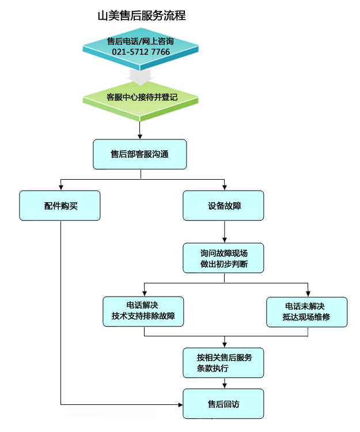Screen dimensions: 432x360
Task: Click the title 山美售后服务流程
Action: coord(142,16)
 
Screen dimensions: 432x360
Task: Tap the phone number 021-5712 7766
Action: coord(141,52)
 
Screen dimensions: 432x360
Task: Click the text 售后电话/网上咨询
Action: coord(141,41)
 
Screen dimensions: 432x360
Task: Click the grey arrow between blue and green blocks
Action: coord(141,74)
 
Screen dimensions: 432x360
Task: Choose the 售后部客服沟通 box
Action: coord(140,154)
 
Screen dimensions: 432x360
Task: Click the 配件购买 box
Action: coord(60,206)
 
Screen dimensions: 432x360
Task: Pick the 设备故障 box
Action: coord(224,206)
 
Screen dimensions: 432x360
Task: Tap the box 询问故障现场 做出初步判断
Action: coord(224,257)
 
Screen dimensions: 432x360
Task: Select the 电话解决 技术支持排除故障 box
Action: coord(143,312)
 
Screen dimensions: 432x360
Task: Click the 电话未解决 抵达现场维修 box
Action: coord(306,312)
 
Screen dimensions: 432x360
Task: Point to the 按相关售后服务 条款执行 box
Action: coord(224,362)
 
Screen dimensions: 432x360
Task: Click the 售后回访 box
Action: coord(224,404)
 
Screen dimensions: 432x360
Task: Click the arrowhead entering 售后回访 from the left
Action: coord(180,404)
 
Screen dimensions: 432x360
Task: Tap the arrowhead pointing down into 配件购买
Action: coord(60,187)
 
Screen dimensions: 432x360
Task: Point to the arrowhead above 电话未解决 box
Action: coord(306,293)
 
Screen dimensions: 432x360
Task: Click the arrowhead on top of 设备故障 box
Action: coord(224,187)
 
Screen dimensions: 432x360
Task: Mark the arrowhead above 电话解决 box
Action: coord(143,293)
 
